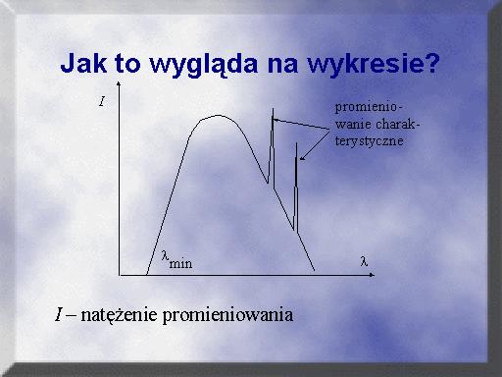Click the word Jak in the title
(x=83, y=63)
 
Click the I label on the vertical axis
(x=102, y=101)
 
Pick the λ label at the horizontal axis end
(x=364, y=261)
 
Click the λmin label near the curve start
(x=176, y=260)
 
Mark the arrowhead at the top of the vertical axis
(x=119, y=83)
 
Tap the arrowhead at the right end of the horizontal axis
(x=372, y=275)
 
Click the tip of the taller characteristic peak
(x=273, y=108)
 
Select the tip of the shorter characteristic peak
(x=296, y=143)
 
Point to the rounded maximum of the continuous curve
(x=219, y=115)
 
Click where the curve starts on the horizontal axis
(x=147, y=274)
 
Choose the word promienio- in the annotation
(x=369, y=108)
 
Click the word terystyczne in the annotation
(x=369, y=141)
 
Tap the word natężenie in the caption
(x=119, y=315)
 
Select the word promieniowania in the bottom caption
(x=227, y=315)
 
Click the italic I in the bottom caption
(x=59, y=314)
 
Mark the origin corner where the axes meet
(x=120, y=275)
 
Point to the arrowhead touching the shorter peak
(x=302, y=159)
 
